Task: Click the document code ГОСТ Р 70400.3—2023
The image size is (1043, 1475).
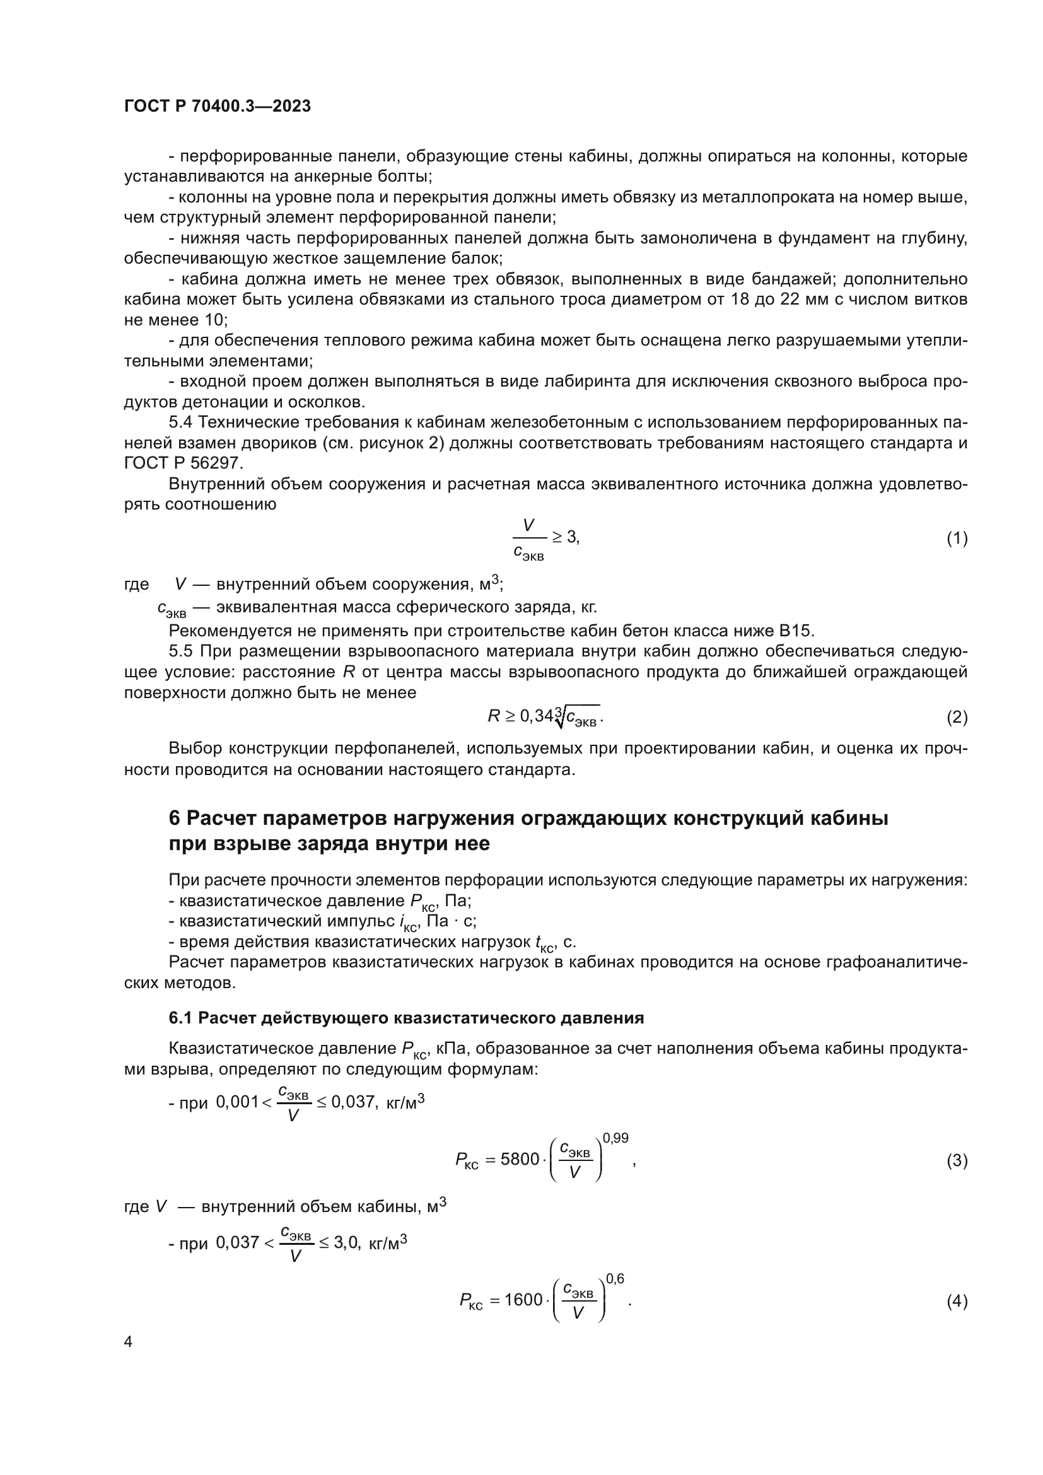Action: pos(217,107)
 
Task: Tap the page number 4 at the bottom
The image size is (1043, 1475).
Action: pos(129,1342)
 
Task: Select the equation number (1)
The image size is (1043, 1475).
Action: pos(957,539)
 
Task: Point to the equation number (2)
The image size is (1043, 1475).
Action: pos(957,717)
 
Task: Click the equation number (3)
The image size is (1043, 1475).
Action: pos(957,1161)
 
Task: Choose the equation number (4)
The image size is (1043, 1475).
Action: pos(957,1302)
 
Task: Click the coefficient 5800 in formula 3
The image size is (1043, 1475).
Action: pos(520,1160)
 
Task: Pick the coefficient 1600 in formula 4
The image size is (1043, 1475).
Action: pos(523,1300)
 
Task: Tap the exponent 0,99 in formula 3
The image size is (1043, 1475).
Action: pos(615,1138)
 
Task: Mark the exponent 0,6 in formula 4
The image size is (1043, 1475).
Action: pos(615,1279)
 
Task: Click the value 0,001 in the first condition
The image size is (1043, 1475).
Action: pos(236,1102)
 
